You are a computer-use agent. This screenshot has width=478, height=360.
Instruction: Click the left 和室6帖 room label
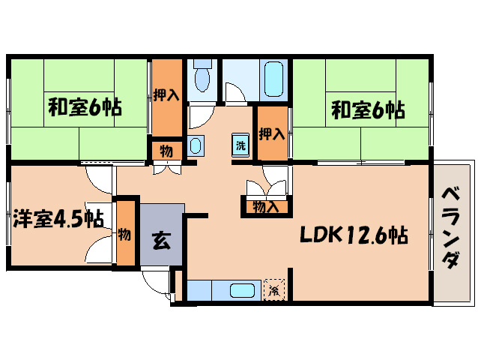[x=85, y=106]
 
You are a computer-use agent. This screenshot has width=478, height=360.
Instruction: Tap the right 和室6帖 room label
[x=368, y=111]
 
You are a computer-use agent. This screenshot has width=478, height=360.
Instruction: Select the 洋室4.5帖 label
[x=58, y=219]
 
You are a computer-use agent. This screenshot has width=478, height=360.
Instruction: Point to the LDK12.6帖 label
[x=354, y=236]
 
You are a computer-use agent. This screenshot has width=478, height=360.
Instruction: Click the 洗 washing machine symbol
[x=240, y=145]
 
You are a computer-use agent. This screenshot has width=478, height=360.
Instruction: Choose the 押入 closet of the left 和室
[x=166, y=94]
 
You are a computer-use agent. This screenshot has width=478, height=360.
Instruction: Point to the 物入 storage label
[x=266, y=206]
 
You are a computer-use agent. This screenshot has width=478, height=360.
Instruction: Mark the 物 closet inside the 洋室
[x=124, y=234]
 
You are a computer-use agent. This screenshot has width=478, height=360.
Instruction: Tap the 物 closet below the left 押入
[x=166, y=150]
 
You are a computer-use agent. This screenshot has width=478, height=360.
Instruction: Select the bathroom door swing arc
[x=235, y=94]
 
